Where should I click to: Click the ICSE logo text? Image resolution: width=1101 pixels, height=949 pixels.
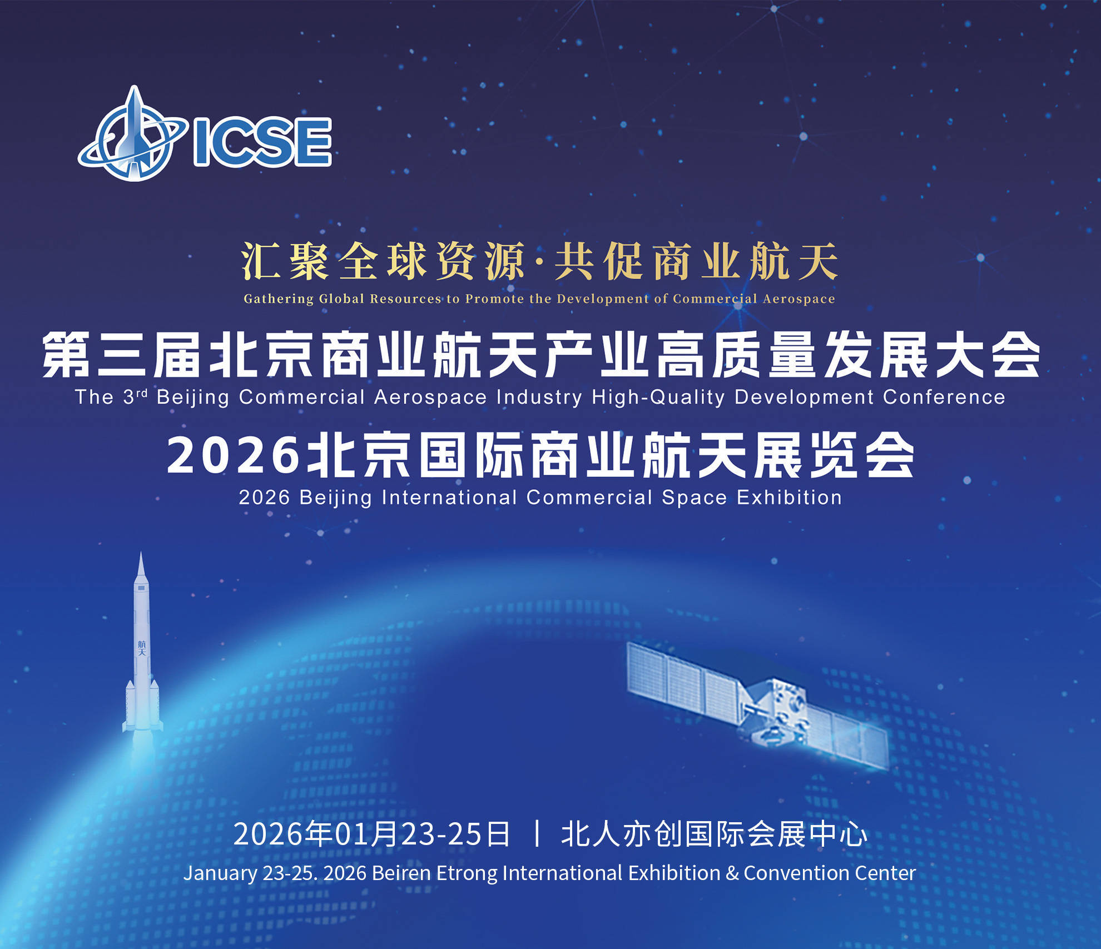click(262, 142)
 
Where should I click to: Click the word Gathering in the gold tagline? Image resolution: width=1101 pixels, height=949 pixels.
click(279, 299)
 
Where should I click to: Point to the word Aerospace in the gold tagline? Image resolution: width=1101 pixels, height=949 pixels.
click(799, 299)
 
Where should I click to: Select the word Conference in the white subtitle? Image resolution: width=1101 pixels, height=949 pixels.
click(944, 398)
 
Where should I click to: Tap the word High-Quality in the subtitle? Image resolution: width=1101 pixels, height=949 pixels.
click(658, 398)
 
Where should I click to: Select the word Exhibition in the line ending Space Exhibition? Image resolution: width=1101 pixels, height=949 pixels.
click(789, 498)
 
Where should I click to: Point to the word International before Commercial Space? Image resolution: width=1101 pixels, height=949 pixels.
click(449, 498)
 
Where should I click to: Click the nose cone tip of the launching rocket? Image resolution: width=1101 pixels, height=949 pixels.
click(141, 556)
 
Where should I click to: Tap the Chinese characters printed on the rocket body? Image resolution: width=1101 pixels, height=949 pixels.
click(142, 648)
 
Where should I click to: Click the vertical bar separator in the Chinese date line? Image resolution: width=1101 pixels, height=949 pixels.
click(537, 834)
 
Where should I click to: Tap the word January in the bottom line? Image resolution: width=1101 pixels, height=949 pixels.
click(220, 873)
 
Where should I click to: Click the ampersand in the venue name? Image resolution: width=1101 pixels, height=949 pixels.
click(732, 873)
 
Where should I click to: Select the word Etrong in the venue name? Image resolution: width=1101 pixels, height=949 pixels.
click(467, 873)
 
